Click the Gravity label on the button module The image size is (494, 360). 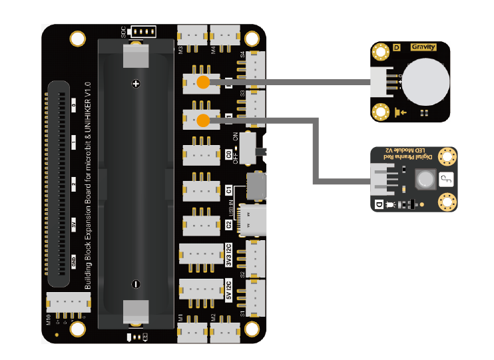coord(423,47)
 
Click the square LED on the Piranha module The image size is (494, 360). coord(425,178)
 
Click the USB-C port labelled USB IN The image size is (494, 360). coord(256,219)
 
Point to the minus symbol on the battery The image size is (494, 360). coord(135,283)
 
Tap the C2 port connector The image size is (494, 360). coord(201,220)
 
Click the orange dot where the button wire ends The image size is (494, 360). coord(203,83)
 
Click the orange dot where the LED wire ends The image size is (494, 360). coord(203,120)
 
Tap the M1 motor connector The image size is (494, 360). coord(192,329)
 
